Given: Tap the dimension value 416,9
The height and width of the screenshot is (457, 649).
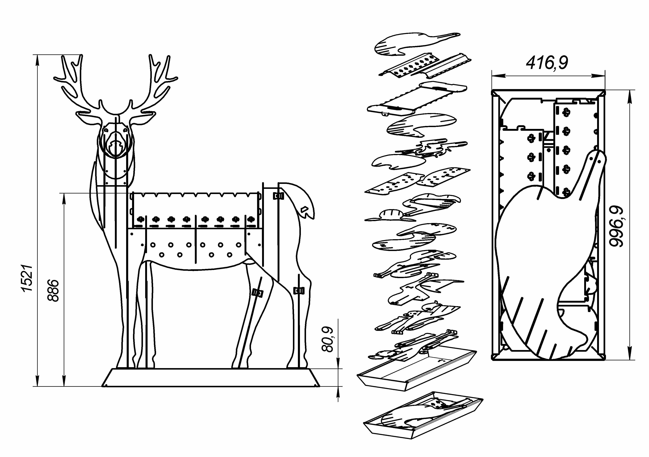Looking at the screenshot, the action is pyautogui.click(x=547, y=63).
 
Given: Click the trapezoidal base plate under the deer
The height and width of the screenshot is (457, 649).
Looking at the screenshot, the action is pyautogui.click(x=211, y=377).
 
